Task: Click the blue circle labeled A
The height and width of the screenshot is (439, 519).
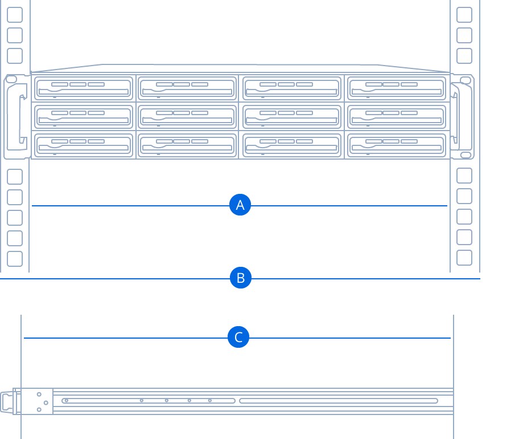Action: coord(240,205)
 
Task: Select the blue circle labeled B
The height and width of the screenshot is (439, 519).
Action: coord(241,278)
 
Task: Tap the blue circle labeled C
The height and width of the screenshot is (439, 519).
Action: coord(238,337)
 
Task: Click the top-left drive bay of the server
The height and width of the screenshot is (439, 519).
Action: coord(84,88)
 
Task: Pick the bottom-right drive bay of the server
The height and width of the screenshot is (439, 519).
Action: coord(397,145)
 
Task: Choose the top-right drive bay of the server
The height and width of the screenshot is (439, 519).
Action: coord(397,88)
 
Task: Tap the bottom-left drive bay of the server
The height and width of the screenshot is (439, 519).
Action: coord(84,145)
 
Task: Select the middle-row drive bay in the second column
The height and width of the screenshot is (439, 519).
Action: coord(187,117)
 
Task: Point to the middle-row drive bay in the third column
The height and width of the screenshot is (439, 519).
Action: coord(291,117)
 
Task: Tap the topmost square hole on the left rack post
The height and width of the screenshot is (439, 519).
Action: coord(15,15)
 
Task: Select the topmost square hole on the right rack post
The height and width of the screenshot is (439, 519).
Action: coord(464,15)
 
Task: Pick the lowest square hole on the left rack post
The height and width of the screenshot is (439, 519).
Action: coord(15,259)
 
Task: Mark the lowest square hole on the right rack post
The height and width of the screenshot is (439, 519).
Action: coord(464,258)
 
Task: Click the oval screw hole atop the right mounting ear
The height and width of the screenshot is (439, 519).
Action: coord(466,80)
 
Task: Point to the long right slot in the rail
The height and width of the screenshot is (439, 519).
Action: coord(339,401)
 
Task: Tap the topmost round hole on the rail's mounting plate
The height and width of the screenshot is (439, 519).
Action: coord(39,394)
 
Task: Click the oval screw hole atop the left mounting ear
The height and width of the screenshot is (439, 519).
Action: coord(11,79)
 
